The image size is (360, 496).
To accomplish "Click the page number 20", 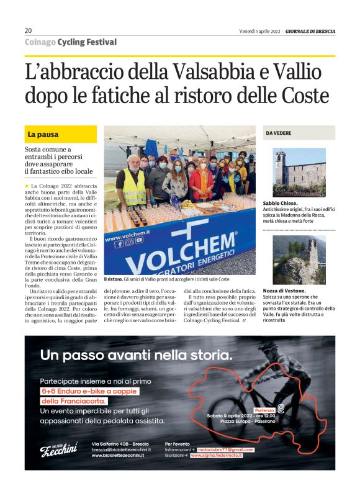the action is pos(28,30).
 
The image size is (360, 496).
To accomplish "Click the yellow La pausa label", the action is pos(43,134).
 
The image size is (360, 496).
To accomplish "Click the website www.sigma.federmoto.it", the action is pos(217,456).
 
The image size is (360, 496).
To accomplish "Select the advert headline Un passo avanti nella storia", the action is pos(136,355).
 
